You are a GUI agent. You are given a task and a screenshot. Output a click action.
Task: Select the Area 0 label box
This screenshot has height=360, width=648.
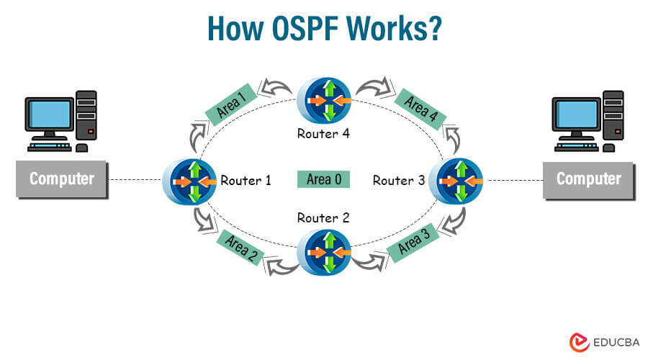tap(323, 179)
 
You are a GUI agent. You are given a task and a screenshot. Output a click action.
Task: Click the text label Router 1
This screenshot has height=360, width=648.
tap(246, 180)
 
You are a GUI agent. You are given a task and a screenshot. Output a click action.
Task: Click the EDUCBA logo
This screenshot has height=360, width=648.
tap(602, 342)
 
